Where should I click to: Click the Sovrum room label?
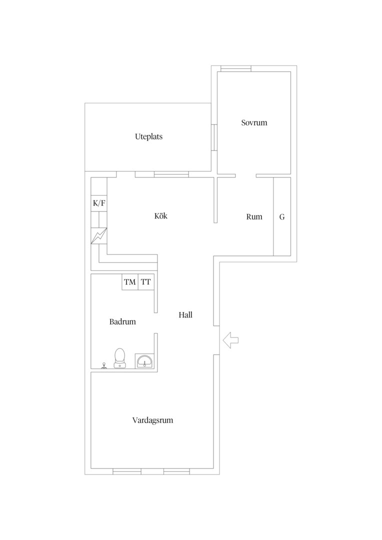(254, 122)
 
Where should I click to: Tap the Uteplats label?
(149, 136)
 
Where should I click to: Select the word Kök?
(161, 216)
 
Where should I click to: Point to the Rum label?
(254, 216)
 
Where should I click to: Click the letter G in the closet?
(282, 217)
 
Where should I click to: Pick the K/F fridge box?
(99, 203)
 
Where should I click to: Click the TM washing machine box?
(130, 282)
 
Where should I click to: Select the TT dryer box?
(146, 282)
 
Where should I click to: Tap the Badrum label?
(122, 321)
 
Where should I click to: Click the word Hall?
(185, 315)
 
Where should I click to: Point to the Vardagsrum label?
(152, 420)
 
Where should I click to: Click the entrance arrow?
(231, 340)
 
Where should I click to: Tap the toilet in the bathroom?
(119, 358)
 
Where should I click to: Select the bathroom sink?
(144, 361)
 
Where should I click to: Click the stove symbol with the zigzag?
(99, 236)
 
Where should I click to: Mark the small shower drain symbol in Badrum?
(103, 365)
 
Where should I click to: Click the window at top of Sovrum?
(236, 68)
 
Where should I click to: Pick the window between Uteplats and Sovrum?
(214, 137)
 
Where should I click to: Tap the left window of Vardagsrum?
(127, 471)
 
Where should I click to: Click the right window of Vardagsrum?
(176, 471)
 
